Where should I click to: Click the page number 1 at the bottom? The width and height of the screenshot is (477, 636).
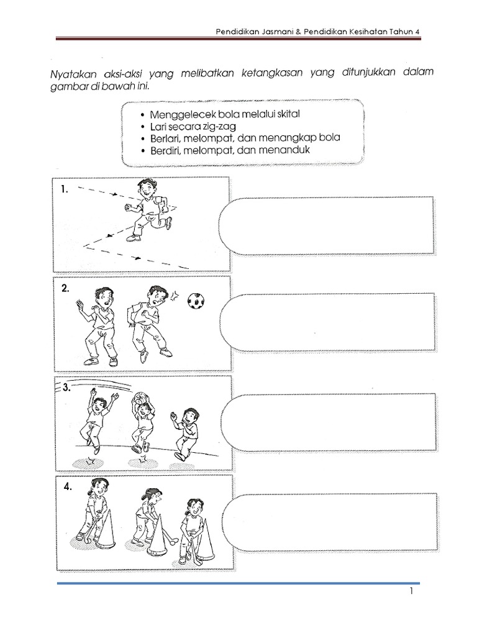411,593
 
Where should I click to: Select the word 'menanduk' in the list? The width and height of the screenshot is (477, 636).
291,150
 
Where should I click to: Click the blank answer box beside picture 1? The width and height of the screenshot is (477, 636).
327,225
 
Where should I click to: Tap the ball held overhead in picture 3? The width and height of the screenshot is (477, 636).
142,397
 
